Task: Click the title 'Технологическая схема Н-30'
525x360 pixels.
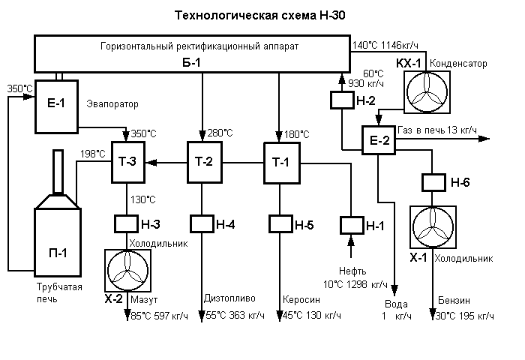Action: pos(261,14)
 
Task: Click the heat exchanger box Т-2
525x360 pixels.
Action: pos(204,161)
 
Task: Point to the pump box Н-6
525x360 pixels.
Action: pos(433,182)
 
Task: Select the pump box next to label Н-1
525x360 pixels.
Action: pos(351,223)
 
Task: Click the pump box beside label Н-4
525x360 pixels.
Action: pos(202,223)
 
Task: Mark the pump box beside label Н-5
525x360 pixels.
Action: pos(280,223)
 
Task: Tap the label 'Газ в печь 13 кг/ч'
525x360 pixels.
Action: pos(437,130)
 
